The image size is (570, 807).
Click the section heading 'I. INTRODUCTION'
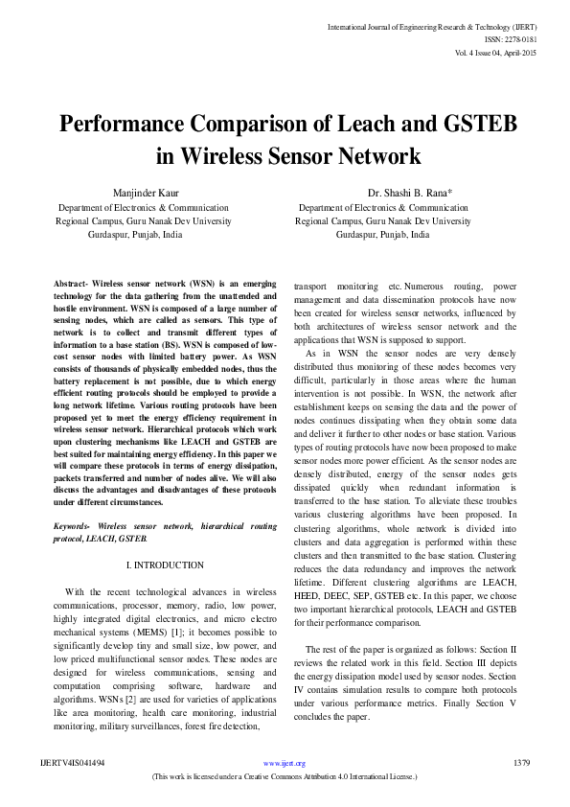165,565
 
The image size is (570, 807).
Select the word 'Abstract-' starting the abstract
75,286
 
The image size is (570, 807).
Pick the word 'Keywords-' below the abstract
75,526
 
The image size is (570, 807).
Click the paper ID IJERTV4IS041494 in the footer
73,763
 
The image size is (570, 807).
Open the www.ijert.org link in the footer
287,763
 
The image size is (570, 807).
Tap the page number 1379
521,763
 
